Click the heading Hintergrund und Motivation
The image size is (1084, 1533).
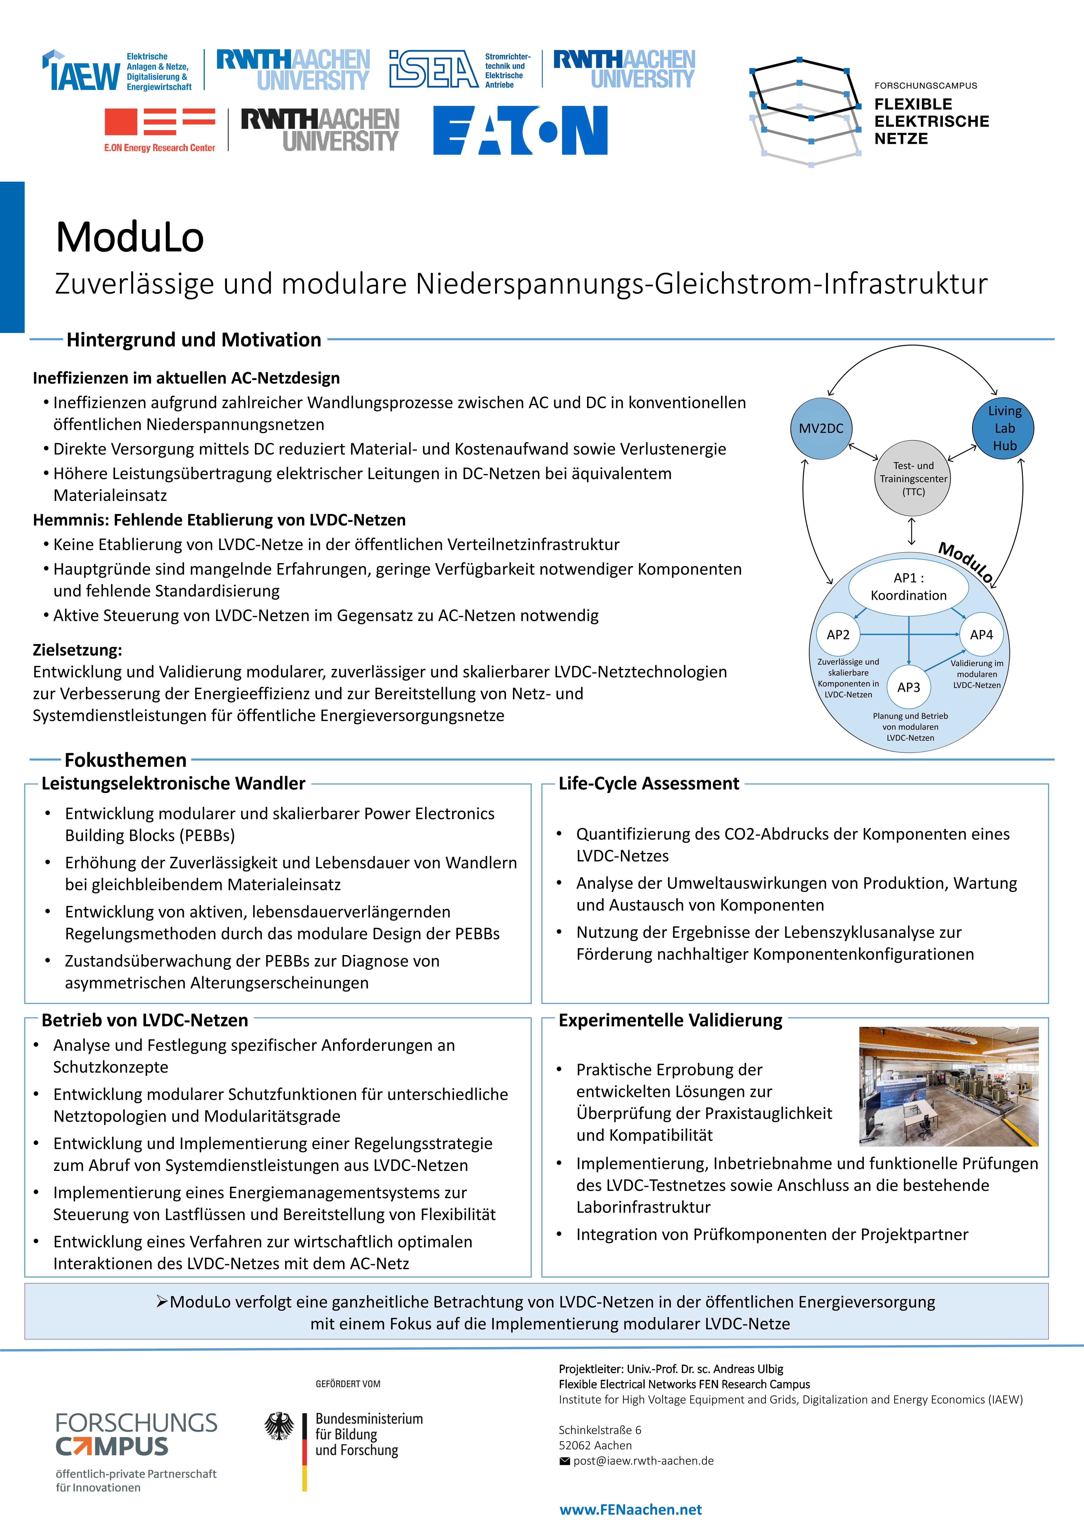pos(194,340)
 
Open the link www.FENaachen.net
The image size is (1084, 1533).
pos(630,1510)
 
